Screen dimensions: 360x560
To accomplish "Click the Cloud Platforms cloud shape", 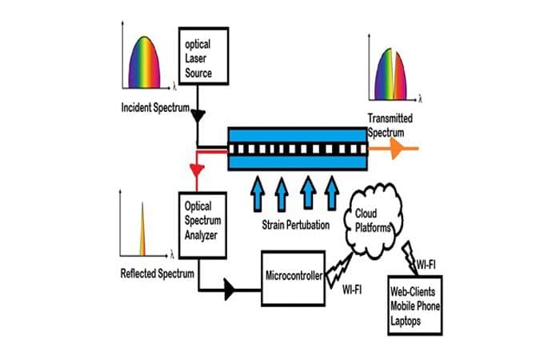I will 376,219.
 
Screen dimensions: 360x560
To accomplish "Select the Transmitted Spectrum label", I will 390,126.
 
